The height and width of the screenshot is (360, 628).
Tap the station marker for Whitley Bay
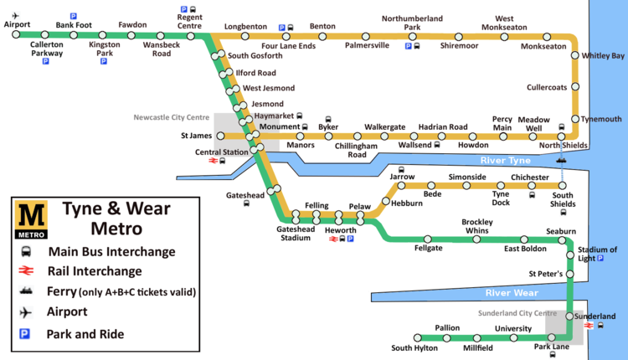[x=575, y=55]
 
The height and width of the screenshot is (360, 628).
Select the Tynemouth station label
[x=602, y=119]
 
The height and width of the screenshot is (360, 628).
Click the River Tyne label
[x=506, y=160]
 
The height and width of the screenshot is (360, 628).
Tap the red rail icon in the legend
[x=28, y=270]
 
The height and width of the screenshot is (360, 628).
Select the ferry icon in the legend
[x=28, y=291]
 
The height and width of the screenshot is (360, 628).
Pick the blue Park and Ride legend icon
[x=28, y=334]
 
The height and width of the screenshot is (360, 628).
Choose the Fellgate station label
[x=428, y=248]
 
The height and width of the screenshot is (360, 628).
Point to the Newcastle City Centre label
[x=172, y=118]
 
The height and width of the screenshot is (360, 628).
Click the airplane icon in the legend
[x=28, y=312]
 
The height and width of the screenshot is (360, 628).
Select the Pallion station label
[x=447, y=328]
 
